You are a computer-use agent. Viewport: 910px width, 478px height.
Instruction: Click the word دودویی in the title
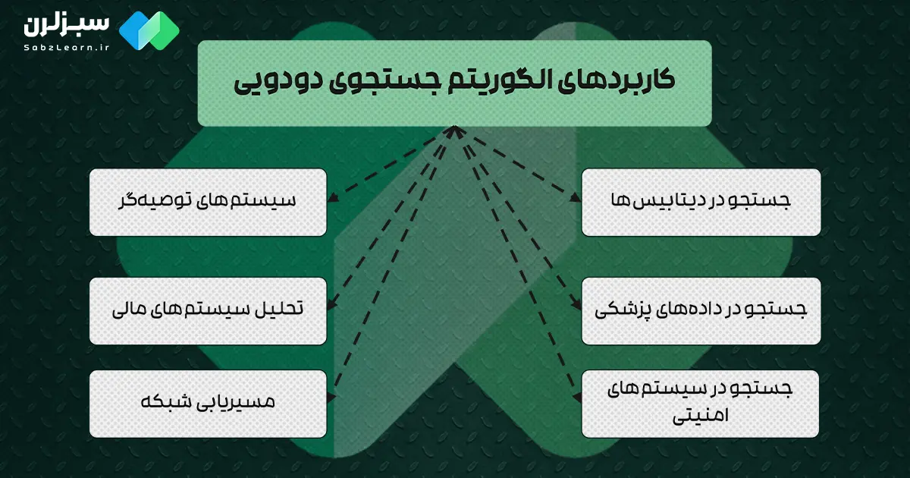coord(273,83)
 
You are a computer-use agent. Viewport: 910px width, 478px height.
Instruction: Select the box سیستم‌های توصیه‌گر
coord(208,202)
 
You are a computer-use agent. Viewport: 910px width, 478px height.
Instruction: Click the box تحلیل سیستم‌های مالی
coord(208,310)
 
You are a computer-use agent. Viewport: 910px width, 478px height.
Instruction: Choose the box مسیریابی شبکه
coord(208,404)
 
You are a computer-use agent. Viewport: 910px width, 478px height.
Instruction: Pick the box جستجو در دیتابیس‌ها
coord(701,202)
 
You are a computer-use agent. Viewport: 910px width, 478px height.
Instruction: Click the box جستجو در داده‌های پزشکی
coord(701,310)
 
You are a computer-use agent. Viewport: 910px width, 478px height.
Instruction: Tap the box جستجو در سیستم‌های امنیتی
coord(701,404)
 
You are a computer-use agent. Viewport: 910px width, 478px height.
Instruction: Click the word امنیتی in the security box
coord(701,417)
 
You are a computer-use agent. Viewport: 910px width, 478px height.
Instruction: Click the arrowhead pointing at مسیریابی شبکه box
coord(331,396)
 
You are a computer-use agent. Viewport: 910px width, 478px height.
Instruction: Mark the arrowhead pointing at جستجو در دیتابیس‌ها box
coord(577,202)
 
